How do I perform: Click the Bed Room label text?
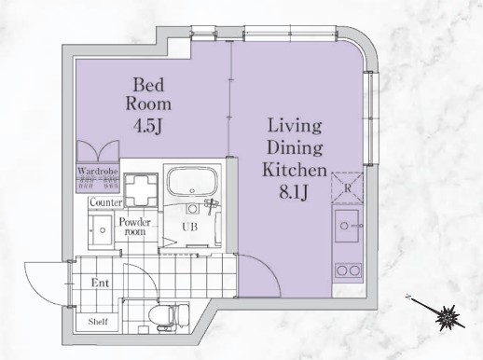148,94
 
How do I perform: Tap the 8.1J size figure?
294,192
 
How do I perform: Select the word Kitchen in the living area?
295,170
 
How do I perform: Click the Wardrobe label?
98,171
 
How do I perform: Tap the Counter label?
105,202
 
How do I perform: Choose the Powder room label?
135,227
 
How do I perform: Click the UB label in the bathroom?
189,227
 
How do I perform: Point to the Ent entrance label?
100,283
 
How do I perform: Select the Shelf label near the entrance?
98,322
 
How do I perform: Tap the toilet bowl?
169,314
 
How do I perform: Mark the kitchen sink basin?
347,226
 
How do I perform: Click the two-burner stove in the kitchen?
348,270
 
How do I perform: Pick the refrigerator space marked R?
347,188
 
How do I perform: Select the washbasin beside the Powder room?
100,230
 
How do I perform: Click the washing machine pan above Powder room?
141,190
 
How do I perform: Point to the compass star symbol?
447,318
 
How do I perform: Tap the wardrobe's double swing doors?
98,151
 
